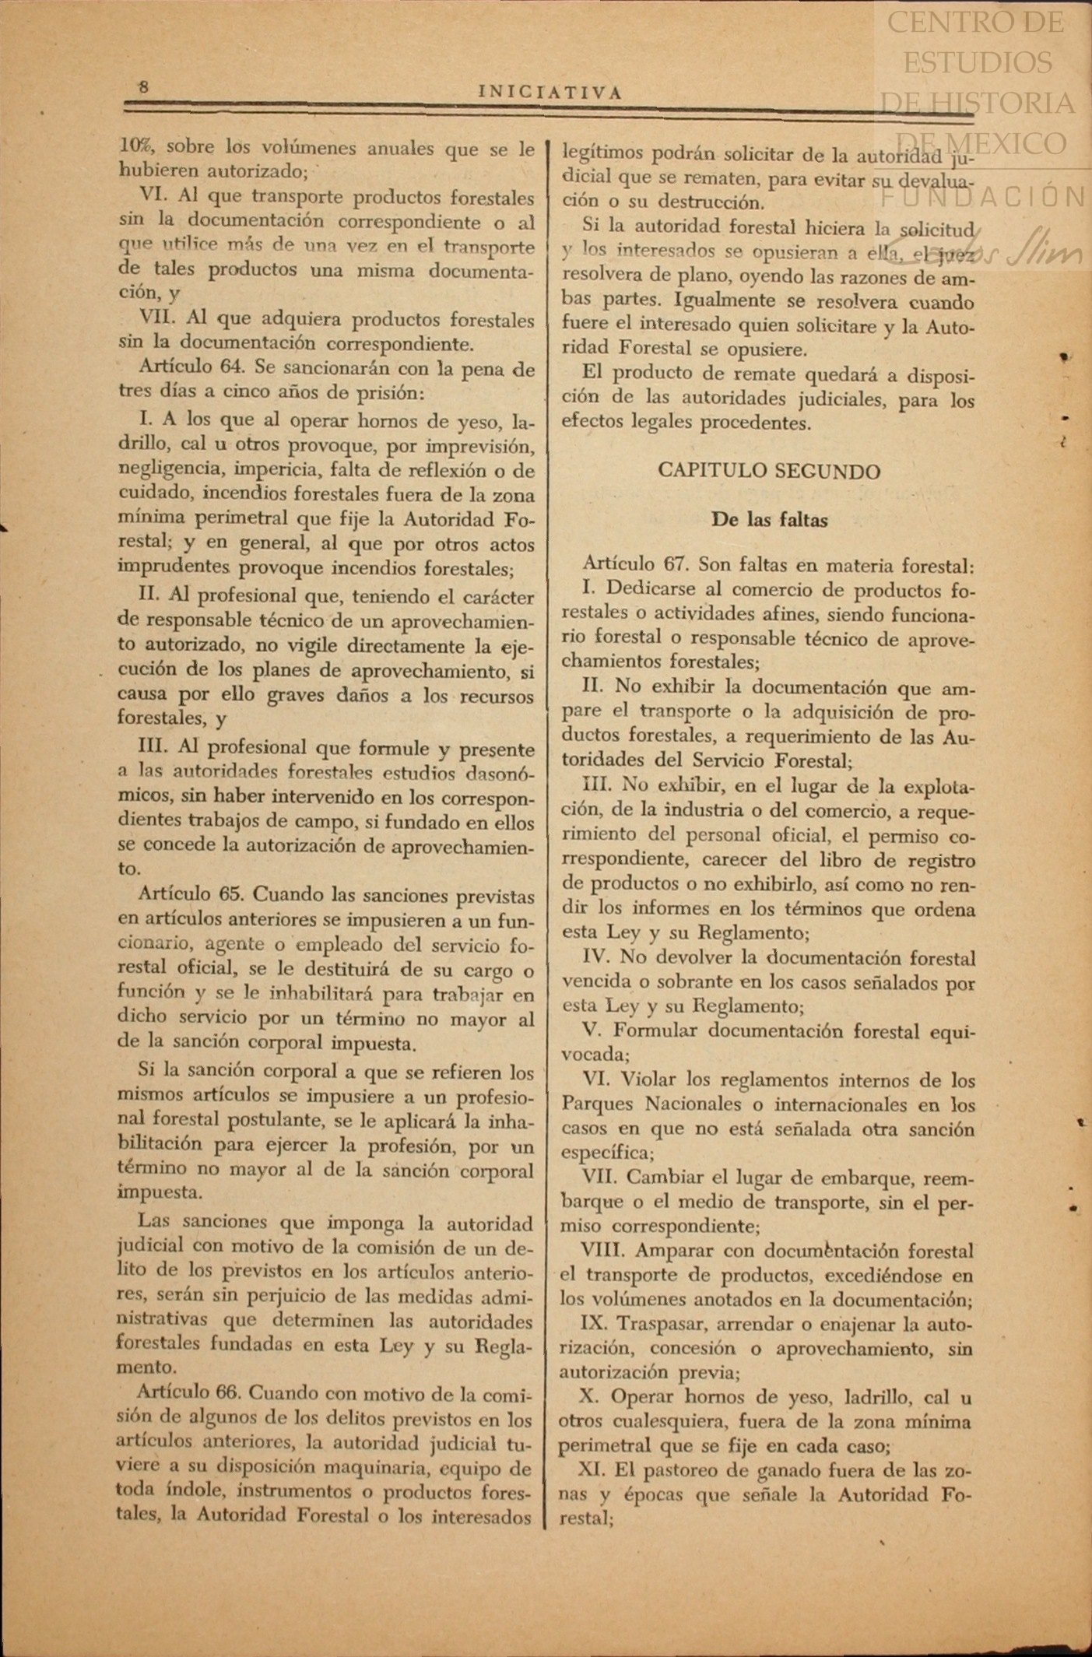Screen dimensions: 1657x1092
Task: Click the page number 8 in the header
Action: tap(143, 87)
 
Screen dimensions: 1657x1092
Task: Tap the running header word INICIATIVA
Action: tap(550, 93)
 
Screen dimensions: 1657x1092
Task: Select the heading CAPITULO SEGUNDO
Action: tap(769, 471)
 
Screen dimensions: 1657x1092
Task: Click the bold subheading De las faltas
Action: tap(769, 520)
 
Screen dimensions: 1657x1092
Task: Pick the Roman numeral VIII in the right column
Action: tap(604, 1251)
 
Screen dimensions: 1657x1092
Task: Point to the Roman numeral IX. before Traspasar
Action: tap(595, 1323)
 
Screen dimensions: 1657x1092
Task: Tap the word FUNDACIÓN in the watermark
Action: tap(984, 197)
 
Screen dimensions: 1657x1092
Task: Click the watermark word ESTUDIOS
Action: tap(978, 62)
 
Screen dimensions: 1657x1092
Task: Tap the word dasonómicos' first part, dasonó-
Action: tap(489, 774)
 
